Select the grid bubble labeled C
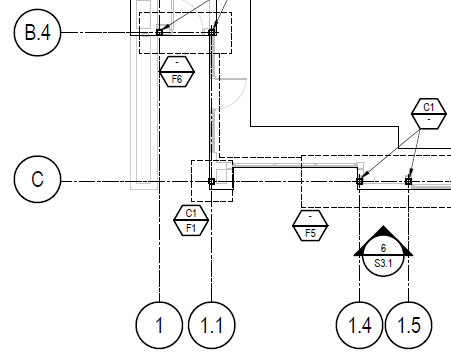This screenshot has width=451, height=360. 38,181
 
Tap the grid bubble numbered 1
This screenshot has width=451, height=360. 159,324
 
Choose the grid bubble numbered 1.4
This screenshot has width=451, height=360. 359,324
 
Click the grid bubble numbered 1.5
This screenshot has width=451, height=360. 409,324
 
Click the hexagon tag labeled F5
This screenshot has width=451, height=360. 311,226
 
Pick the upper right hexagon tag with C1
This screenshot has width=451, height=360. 428,113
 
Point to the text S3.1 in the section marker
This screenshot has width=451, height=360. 382,264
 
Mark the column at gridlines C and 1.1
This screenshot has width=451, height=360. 211,182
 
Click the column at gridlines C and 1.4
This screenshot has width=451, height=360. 359,182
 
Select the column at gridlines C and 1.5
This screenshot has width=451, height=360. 409,182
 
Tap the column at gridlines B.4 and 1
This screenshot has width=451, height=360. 159,33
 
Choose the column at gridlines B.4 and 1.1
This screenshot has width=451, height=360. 212,32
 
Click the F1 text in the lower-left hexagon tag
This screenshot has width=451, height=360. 190,226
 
